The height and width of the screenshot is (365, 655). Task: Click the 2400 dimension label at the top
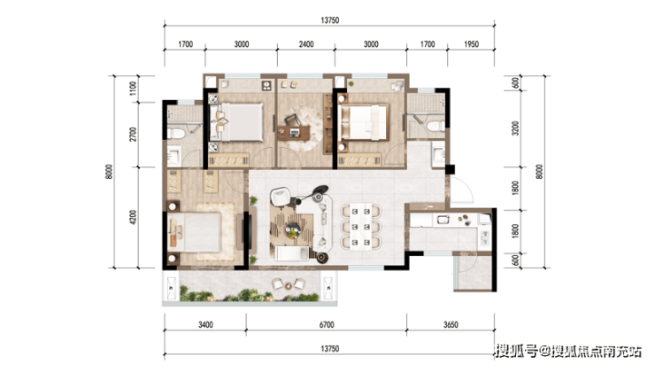[306, 44]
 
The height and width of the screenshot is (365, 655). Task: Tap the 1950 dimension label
[471, 44]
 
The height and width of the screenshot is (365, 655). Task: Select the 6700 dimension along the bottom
[327, 324]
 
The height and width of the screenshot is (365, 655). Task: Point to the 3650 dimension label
[451, 324]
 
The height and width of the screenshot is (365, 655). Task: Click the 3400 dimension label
[205, 324]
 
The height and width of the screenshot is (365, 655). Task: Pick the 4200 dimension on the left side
[133, 217]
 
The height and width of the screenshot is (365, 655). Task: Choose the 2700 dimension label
[133, 134]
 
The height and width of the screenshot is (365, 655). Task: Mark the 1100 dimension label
[133, 89]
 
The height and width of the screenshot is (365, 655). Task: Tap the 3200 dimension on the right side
[515, 128]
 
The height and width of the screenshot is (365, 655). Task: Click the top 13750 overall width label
[329, 20]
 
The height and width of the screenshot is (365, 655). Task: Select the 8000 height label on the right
[539, 171]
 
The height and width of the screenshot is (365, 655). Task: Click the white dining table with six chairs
[361, 226]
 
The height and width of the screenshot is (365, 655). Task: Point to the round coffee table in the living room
[292, 229]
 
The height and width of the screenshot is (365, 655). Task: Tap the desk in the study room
[294, 133]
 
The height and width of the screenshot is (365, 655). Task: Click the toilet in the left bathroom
[176, 134]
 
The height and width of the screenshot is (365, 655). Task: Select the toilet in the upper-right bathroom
[435, 126]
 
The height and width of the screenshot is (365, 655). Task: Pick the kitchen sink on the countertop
[443, 219]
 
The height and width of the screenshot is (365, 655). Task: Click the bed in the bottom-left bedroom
[194, 232]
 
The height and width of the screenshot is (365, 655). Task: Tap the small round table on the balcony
[289, 285]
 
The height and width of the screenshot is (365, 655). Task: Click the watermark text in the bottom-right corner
[568, 351]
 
